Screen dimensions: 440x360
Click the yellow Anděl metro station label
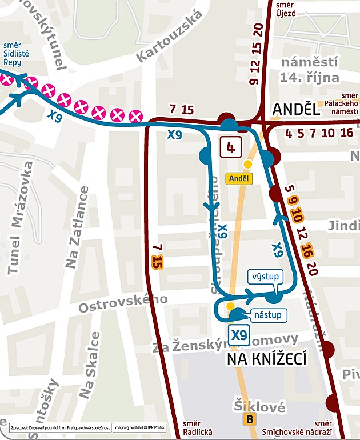pyautogui.click(x=239, y=178)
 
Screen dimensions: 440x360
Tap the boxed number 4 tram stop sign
pyautogui.click(x=230, y=147)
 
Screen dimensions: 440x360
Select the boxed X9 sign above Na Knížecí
pyautogui.click(x=239, y=334)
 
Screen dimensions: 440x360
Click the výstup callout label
pyautogui.click(x=266, y=277)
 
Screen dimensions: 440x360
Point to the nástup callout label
pyautogui.click(x=268, y=314)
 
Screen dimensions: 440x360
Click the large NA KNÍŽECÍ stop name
pyautogui.click(x=267, y=359)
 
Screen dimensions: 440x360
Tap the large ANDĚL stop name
pyautogui.click(x=296, y=109)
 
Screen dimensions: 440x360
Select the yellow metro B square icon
pyautogui.click(x=249, y=420)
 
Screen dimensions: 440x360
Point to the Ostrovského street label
pyautogui.click(x=123, y=303)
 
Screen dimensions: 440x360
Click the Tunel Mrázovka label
pyautogui.click(x=19, y=217)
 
